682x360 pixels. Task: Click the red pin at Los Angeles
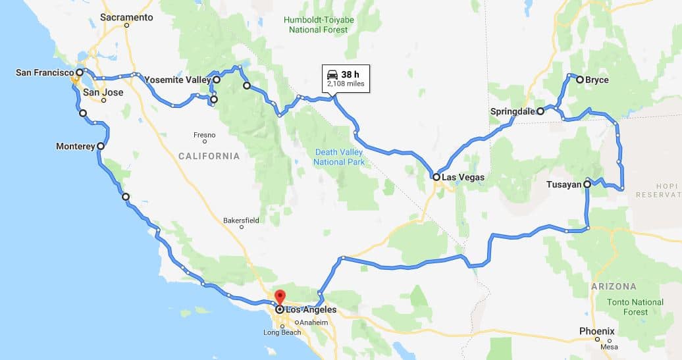[279, 297]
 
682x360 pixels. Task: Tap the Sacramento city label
[128, 17]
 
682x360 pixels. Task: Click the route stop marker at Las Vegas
[436, 176]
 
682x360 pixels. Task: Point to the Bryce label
[597, 80]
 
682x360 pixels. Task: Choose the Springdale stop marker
[540, 111]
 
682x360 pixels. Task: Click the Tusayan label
[564, 184]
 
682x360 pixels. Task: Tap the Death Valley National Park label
[339, 157]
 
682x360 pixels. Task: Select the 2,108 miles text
[346, 85]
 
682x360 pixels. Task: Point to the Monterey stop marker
[100, 146]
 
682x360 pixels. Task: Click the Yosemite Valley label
[177, 80]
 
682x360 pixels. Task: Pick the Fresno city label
[204, 134]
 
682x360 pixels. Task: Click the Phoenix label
[596, 331]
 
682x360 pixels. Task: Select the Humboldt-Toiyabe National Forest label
[319, 24]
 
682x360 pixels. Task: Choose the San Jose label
[103, 93]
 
